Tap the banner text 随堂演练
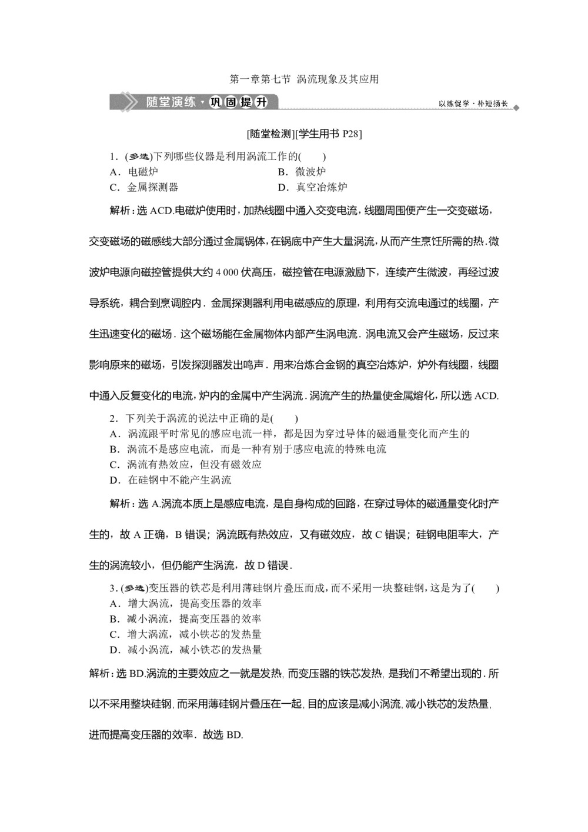pos(171,102)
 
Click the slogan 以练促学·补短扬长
pos(472,104)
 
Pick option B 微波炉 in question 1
pos(310,172)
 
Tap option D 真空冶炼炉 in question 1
pos(321,187)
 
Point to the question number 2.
pos(112,418)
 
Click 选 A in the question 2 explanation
pos(149,504)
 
